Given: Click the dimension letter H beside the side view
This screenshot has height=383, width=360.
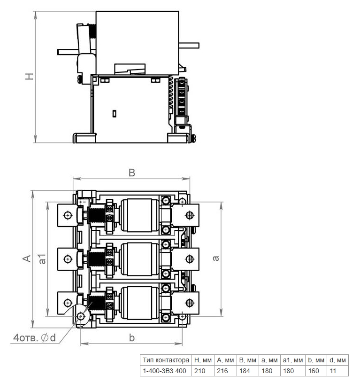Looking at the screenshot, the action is click(x=29, y=76).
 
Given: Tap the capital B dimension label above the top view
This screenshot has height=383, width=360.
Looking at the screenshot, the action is click(x=132, y=172).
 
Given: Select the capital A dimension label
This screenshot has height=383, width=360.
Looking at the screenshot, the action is click(x=27, y=258).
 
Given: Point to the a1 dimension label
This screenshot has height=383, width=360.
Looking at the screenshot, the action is click(x=42, y=258).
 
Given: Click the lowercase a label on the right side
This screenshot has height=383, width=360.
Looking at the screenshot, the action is click(x=215, y=258).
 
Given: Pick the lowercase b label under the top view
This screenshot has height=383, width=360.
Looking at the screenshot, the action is click(x=132, y=338).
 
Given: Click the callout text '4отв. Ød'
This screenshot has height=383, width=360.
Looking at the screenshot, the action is click(x=34, y=338).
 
